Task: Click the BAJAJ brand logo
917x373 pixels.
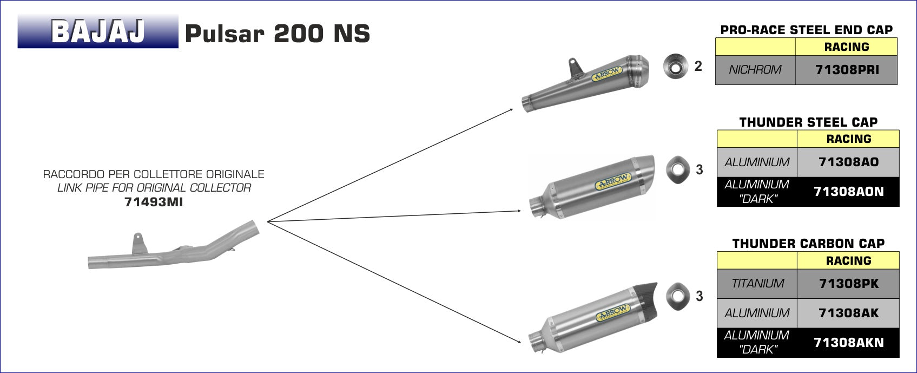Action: (x=98, y=31)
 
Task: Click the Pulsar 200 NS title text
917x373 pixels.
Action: (x=278, y=33)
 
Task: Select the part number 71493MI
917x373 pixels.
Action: (x=154, y=202)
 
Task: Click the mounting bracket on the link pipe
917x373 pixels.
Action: (x=139, y=243)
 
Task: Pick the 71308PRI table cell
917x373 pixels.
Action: (x=847, y=70)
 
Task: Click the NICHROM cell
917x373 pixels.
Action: (x=755, y=70)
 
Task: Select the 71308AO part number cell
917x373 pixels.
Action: (x=848, y=162)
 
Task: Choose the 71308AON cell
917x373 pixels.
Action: (x=848, y=192)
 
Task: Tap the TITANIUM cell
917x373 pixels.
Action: (x=757, y=283)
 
